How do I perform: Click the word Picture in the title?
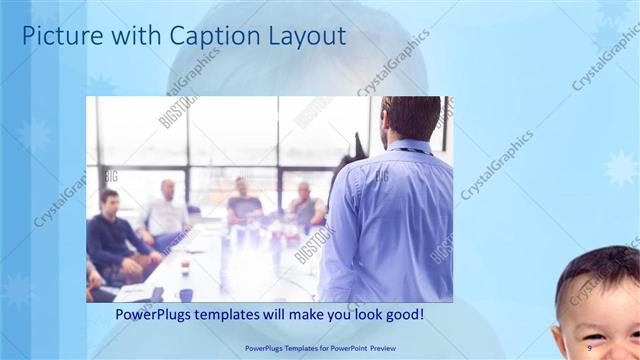pyautogui.click(x=61, y=37)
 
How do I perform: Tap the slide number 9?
pyautogui.click(x=590, y=347)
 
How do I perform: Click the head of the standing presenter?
pyautogui.click(x=410, y=117)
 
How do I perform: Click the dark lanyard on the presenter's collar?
pyautogui.click(x=410, y=151)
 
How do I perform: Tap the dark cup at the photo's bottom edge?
pyautogui.click(x=186, y=295)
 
